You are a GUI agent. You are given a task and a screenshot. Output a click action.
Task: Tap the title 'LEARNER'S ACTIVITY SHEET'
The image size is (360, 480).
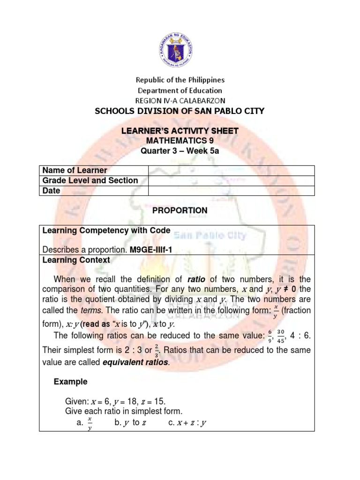click(180, 131)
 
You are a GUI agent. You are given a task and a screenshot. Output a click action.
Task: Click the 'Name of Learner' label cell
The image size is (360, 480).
click(75, 170)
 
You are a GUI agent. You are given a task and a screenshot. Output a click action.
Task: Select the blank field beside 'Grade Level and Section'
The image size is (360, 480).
click(232, 180)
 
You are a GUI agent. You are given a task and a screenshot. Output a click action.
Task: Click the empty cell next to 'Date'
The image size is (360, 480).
click(232, 191)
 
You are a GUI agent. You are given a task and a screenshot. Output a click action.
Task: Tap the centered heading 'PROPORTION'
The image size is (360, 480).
click(180, 210)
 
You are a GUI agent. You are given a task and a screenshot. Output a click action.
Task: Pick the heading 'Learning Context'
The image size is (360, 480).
click(76, 260)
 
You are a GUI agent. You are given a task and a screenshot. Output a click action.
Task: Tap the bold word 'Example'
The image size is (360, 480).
click(71, 382)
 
